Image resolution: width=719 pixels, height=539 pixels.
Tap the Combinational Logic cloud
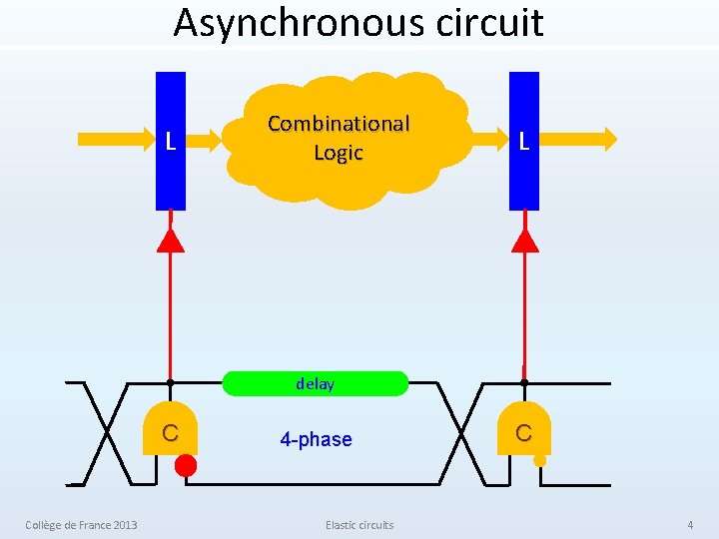(345, 140)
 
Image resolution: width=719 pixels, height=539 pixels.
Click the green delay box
(315, 384)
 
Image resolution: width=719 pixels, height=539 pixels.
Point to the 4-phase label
(316, 440)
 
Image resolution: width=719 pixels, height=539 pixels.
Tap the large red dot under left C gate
(186, 465)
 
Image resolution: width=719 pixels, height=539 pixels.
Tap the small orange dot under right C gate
(539, 461)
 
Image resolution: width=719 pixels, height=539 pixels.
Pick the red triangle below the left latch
(171, 240)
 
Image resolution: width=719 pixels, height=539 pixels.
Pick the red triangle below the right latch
(524, 240)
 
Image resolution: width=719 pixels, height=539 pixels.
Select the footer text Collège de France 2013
(81, 525)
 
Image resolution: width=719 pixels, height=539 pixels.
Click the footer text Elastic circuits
(359, 525)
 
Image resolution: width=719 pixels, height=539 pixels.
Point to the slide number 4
(689, 525)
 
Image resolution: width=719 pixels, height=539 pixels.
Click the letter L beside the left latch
(171, 142)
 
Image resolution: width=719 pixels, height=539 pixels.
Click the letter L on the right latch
(523, 142)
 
